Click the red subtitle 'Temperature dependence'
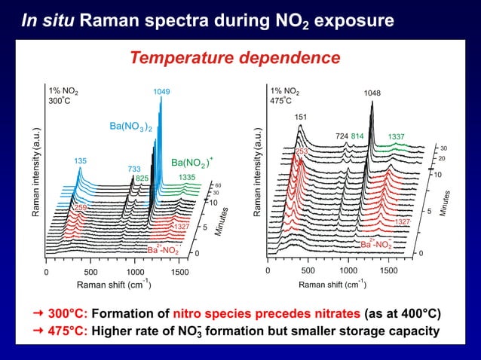click(234, 57)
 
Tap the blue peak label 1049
click(161, 92)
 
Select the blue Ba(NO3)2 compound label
click(132, 126)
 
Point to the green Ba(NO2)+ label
click(192, 162)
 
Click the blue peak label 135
click(80, 161)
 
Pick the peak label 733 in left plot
click(134, 169)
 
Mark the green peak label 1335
click(188, 177)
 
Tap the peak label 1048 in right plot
click(372, 93)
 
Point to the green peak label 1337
click(396, 136)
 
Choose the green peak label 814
click(357, 136)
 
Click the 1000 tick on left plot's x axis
click(135, 271)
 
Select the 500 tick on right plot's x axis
click(308, 270)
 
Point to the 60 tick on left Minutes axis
click(218, 185)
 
